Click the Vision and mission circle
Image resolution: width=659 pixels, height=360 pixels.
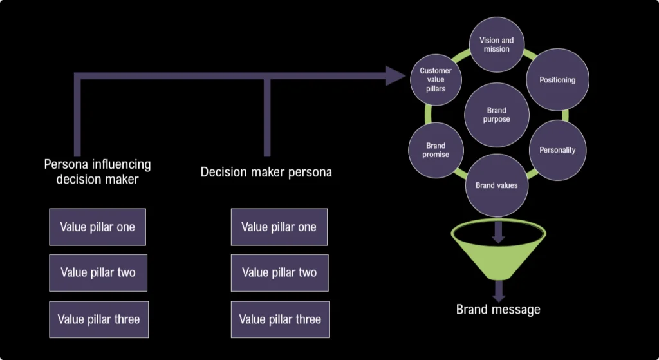(496, 44)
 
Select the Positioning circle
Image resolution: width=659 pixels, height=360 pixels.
(557, 80)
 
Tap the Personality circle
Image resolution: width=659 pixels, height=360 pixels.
(557, 150)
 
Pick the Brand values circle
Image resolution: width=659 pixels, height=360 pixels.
(496, 185)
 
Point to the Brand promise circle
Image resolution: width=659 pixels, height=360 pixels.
(436, 150)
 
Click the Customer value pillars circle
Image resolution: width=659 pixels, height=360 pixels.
(436, 80)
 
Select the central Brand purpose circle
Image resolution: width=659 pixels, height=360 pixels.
(496, 115)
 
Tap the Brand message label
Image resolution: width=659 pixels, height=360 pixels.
(497, 309)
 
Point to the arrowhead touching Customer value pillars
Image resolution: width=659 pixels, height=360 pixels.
(396, 76)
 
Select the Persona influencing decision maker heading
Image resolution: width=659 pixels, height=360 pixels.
(97, 171)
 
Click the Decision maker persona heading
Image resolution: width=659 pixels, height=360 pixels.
(266, 172)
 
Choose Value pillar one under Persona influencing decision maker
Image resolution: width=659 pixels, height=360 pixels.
(98, 227)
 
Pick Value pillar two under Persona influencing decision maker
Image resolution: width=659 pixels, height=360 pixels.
(98, 272)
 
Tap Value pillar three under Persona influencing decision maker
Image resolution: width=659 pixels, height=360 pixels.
(98, 319)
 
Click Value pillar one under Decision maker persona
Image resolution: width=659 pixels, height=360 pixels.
(279, 227)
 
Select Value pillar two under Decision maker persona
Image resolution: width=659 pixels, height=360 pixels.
(279, 272)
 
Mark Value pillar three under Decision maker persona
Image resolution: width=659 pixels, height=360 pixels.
(280, 319)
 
